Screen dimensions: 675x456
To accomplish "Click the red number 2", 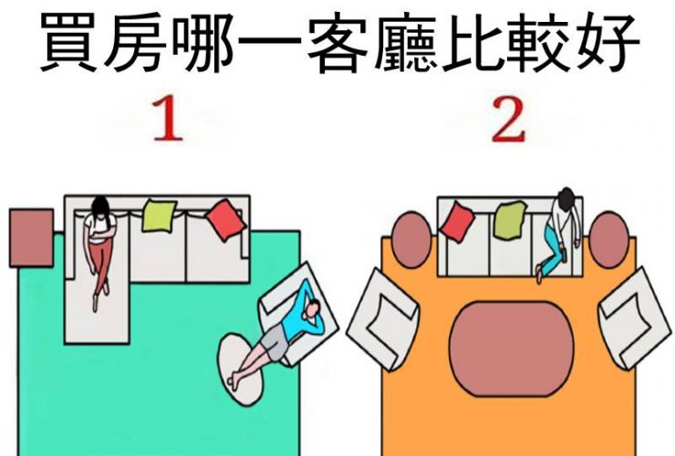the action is click(x=508, y=119).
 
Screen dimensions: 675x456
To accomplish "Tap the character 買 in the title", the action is click(x=68, y=42).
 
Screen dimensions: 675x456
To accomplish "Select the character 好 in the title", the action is click(x=607, y=42).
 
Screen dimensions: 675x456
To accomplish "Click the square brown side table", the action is click(x=31, y=238).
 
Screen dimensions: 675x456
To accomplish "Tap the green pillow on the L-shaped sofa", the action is click(x=160, y=215).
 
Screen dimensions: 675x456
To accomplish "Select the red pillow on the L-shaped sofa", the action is click(x=225, y=220).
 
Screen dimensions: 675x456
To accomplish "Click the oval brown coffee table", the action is click(x=512, y=348).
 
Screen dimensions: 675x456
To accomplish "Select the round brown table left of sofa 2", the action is click(x=411, y=240).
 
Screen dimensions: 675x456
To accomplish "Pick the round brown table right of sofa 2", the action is click(x=608, y=240).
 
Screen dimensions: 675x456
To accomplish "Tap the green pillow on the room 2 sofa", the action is click(x=510, y=221).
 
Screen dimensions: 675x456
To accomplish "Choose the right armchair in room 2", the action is click(x=636, y=318).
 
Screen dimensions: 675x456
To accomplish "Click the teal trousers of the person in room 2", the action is click(x=553, y=250).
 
